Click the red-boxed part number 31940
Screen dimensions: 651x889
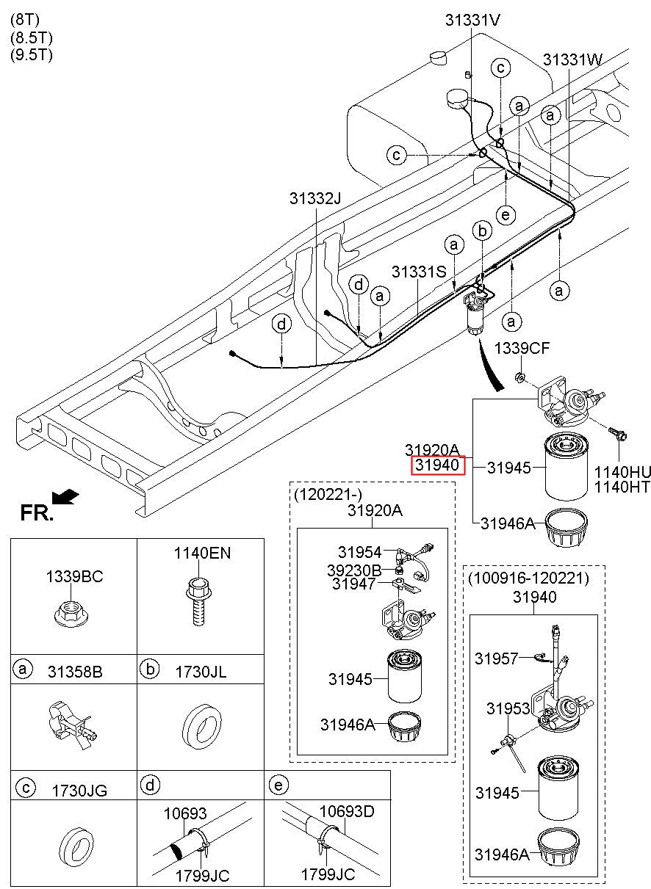click(x=437, y=465)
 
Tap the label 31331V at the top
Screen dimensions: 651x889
click(x=472, y=20)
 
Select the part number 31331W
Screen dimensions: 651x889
click(x=572, y=59)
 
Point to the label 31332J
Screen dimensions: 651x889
click(x=315, y=198)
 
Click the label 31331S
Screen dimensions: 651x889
click(x=419, y=272)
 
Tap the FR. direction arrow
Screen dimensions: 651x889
click(x=65, y=496)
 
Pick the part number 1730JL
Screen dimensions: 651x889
click(x=201, y=672)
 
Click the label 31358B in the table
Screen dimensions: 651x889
click(x=75, y=672)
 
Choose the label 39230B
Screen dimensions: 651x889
click(x=354, y=570)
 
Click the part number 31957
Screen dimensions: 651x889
click(x=497, y=658)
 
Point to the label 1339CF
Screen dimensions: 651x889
click(x=522, y=349)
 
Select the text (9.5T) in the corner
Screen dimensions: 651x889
click(x=32, y=55)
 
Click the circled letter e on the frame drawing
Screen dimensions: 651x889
click(x=506, y=215)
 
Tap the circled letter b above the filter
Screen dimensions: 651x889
click(x=482, y=231)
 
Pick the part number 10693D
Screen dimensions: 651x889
click(x=347, y=812)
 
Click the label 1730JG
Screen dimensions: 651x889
click(x=79, y=791)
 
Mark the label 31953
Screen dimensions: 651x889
click(x=508, y=708)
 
